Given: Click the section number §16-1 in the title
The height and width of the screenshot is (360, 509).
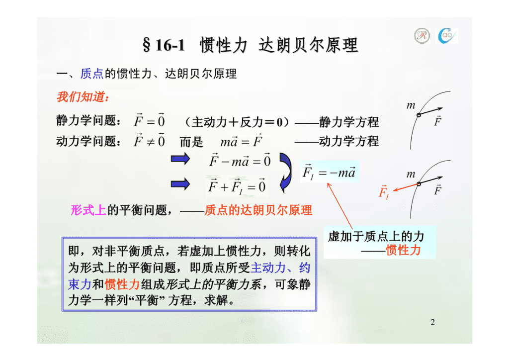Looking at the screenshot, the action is click(x=164, y=45).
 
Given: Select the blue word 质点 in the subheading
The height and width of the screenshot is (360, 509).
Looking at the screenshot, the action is click(x=92, y=74).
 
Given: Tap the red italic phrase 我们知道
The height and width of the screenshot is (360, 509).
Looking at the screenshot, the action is click(x=83, y=97).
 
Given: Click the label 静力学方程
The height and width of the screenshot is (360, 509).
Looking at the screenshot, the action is click(x=349, y=122).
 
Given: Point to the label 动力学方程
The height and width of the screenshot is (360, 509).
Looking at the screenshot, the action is click(x=349, y=141).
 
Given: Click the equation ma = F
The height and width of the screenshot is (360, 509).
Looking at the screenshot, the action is click(x=241, y=141).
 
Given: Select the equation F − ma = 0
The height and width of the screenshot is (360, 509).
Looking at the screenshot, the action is click(x=240, y=160).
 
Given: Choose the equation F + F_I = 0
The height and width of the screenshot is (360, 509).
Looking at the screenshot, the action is click(x=237, y=186).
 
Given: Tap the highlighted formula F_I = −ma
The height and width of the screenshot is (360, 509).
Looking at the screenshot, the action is click(x=329, y=172).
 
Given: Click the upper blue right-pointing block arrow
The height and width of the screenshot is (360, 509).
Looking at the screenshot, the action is click(x=180, y=159).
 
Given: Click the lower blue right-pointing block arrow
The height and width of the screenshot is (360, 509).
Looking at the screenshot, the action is click(x=180, y=184).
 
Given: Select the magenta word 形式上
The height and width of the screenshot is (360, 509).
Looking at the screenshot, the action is click(x=88, y=210).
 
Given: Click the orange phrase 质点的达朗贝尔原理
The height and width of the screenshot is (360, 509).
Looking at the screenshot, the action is click(x=258, y=210).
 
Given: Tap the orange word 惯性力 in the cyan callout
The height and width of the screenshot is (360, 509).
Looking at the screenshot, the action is click(x=403, y=250).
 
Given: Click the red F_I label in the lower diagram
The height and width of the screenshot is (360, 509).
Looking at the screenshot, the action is click(x=384, y=192).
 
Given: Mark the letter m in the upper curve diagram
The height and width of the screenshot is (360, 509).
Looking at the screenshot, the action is click(x=411, y=105).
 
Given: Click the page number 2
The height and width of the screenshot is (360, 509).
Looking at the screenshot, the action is click(x=433, y=322).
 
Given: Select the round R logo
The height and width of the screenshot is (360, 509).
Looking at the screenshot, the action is click(x=422, y=35).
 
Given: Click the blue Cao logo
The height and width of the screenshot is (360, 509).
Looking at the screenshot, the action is click(x=447, y=36).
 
